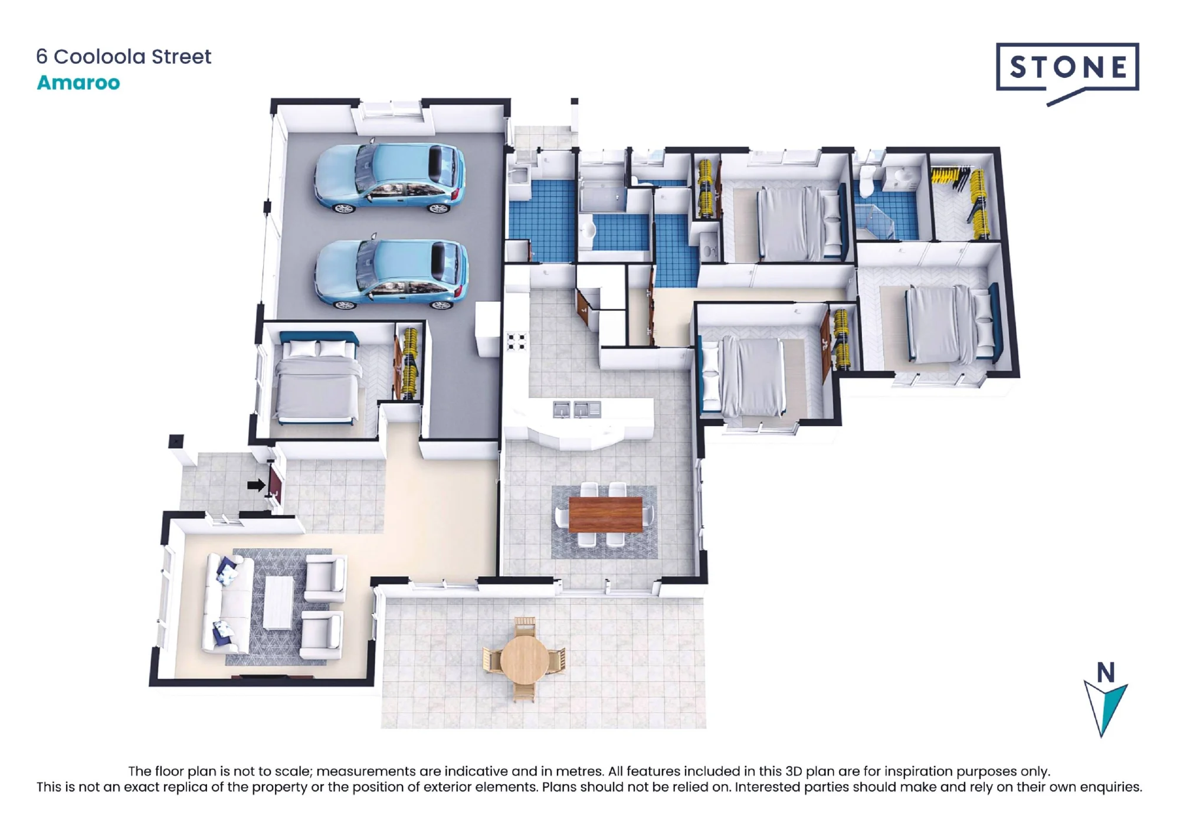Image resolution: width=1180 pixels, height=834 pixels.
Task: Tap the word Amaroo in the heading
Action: click(x=78, y=83)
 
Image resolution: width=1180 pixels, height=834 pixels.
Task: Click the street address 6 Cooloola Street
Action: click(x=123, y=57)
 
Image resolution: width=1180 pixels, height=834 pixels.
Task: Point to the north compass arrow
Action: click(x=1105, y=708)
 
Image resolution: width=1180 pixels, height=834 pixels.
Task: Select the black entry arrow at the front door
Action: click(x=256, y=485)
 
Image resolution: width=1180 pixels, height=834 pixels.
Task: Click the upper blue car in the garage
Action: click(x=390, y=178)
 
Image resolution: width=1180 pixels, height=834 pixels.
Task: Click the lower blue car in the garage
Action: click(x=391, y=274)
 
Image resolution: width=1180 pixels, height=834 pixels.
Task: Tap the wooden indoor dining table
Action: click(x=605, y=515)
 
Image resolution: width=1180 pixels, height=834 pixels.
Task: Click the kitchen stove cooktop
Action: click(x=516, y=341)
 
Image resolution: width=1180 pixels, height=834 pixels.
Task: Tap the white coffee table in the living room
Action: click(x=278, y=603)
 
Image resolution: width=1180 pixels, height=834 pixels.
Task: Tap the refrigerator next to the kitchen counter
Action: click(x=488, y=329)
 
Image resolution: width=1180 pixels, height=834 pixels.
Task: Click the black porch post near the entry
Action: click(x=176, y=441)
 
